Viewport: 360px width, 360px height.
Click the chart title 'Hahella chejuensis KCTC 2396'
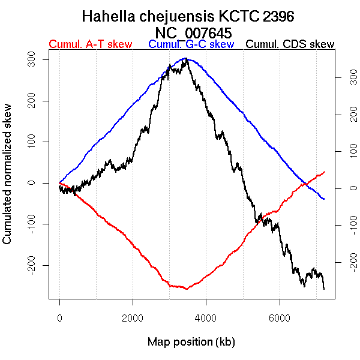tap(188, 16)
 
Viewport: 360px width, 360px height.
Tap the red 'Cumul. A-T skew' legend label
tap(90, 44)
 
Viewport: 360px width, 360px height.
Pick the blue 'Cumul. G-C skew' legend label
tap(191, 44)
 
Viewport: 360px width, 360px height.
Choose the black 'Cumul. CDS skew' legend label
tap(290, 44)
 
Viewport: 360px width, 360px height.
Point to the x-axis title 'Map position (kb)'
tap(191, 342)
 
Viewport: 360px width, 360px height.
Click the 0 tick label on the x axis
tap(59, 318)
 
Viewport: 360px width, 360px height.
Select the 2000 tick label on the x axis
tap(133, 318)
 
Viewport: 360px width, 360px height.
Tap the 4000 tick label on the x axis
tap(206, 318)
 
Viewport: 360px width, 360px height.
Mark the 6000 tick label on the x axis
tap(280, 318)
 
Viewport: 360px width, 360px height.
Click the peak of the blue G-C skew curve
tap(187, 59)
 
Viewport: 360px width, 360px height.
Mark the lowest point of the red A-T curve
tap(187, 289)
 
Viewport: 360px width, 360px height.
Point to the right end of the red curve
tap(324, 172)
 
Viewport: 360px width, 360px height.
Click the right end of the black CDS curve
tap(324, 289)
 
